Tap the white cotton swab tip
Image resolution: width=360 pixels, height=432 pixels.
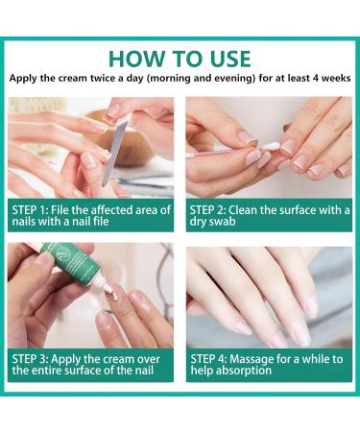pyautogui.click(x=271, y=147)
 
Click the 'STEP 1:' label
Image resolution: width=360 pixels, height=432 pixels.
pyautogui.click(x=30, y=210)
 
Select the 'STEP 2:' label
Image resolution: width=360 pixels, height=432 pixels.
pyautogui.click(x=208, y=210)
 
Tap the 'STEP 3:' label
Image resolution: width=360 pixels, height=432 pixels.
pyautogui.click(x=30, y=359)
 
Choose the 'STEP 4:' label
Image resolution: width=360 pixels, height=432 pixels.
pyautogui.click(x=208, y=359)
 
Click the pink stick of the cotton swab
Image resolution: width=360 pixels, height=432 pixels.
pyautogui.click(x=224, y=152)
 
